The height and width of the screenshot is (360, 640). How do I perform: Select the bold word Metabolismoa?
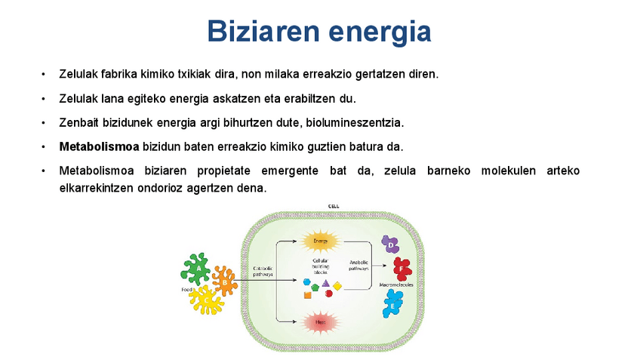pyautogui.click(x=97, y=146)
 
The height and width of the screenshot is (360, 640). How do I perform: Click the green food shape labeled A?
pyautogui.click(x=198, y=267)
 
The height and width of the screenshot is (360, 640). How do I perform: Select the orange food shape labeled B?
pyautogui.click(x=224, y=281)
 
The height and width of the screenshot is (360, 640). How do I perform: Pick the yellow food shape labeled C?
pyautogui.click(x=205, y=300)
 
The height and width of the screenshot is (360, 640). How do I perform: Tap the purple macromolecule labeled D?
pyautogui.click(x=389, y=244)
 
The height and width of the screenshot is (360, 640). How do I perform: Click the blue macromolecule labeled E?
pyautogui.click(x=393, y=303)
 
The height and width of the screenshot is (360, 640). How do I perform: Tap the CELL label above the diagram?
pyautogui.click(x=333, y=206)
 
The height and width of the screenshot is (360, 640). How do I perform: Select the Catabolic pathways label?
pyautogui.click(x=262, y=271)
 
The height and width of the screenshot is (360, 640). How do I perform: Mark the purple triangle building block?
pyautogui.click(x=325, y=283)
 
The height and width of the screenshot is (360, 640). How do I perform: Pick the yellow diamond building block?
pyautogui.click(x=337, y=286)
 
